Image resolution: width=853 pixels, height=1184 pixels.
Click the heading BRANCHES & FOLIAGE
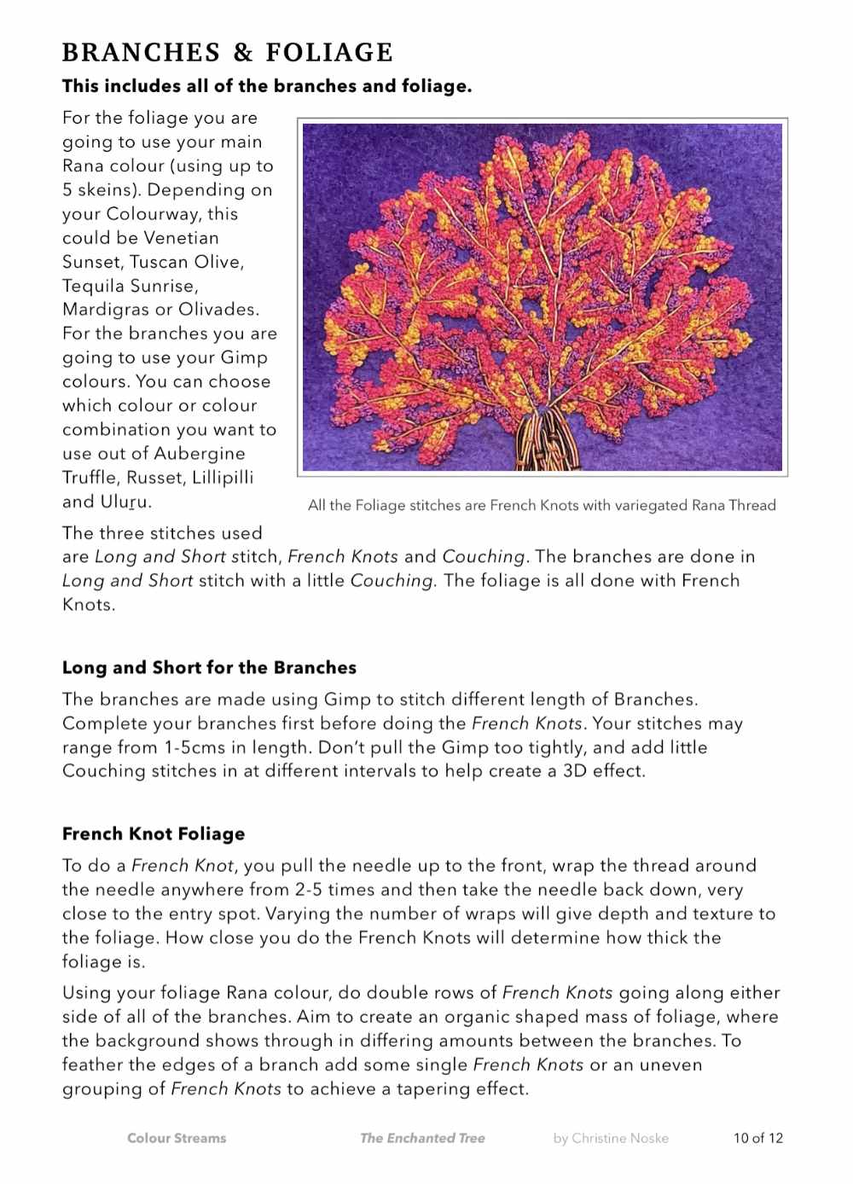(x=228, y=53)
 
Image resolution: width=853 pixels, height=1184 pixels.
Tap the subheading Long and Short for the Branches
(x=209, y=668)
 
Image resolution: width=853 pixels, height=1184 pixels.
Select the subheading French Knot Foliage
(x=154, y=834)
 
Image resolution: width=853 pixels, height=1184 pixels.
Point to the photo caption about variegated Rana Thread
(x=542, y=505)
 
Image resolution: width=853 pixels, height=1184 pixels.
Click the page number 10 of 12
(x=757, y=1138)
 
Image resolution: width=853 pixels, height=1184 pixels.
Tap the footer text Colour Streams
(x=177, y=1138)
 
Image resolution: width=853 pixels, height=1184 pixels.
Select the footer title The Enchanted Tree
(x=422, y=1138)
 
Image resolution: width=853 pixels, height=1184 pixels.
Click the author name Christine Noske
(x=611, y=1138)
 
